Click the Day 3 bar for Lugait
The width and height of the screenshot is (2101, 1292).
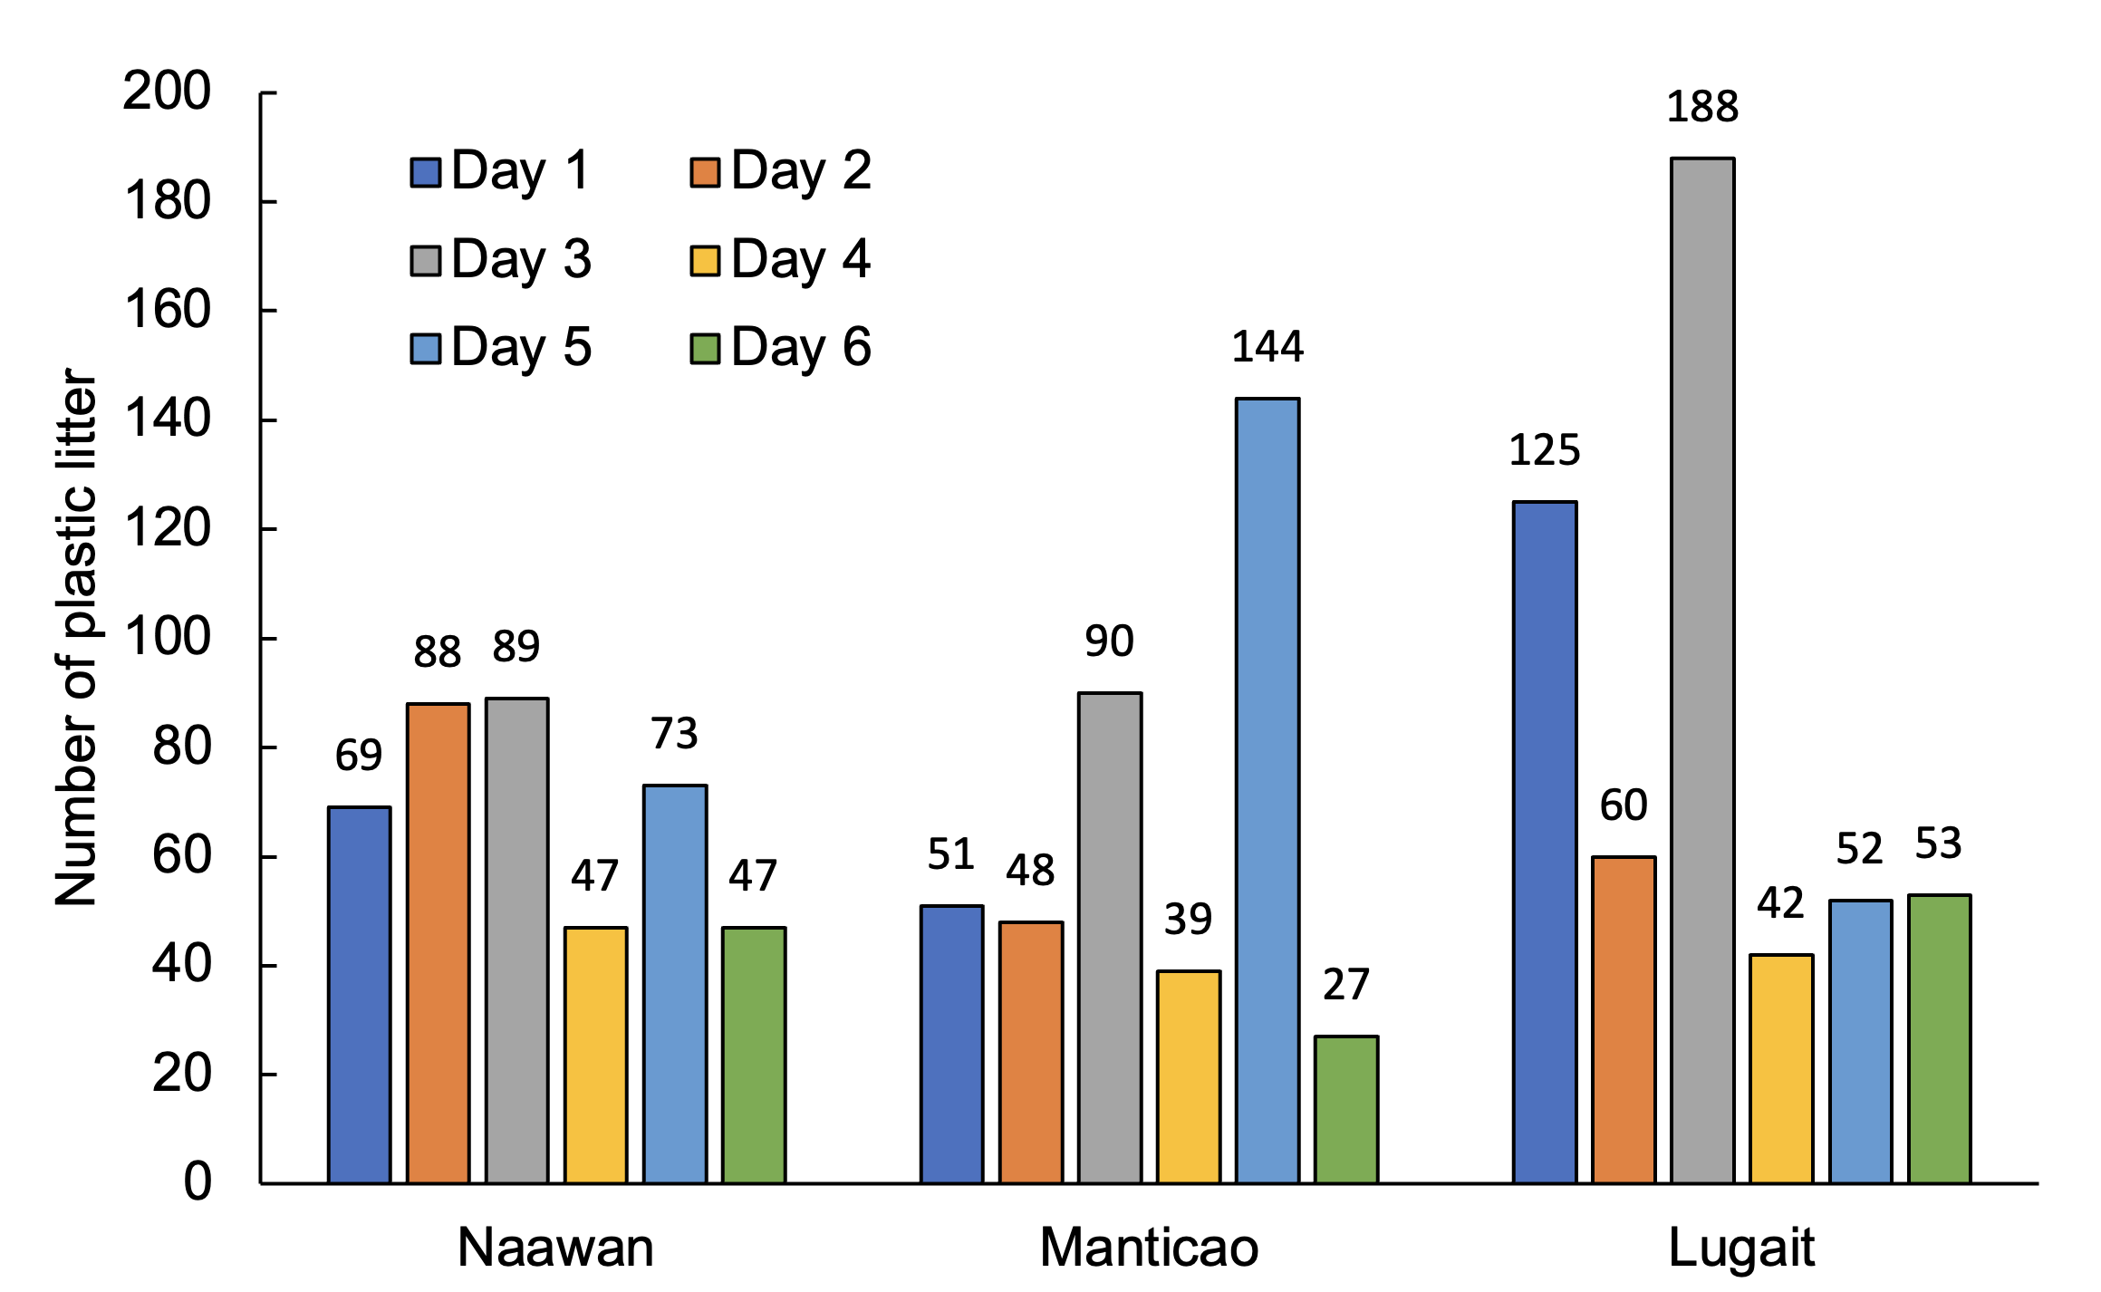[1702, 670]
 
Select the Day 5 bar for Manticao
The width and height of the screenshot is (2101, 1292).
[1267, 791]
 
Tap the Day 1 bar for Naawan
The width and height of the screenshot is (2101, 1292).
[360, 995]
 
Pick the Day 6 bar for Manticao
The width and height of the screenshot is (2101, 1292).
[1346, 1110]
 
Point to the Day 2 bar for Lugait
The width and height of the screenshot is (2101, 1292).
[1624, 1020]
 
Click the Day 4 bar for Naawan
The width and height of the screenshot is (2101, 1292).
[596, 1056]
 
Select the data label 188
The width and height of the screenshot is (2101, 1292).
[1702, 107]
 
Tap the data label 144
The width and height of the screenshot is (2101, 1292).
[1267, 347]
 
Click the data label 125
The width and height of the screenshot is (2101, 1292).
[1545, 450]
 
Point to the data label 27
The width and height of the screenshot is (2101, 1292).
[1346, 985]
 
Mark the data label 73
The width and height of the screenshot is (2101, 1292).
[675, 734]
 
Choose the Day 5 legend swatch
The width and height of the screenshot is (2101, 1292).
[426, 349]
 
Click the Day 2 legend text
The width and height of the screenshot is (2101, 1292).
[801, 170]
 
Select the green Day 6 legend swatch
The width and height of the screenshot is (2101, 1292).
[705, 349]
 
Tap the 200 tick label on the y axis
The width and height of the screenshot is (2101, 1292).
[168, 92]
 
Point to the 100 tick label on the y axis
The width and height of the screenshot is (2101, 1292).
[168, 638]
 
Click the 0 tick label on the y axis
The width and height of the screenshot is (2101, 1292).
[198, 1182]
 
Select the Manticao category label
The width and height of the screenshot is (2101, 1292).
[1149, 1248]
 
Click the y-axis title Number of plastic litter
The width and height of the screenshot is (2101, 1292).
[77, 637]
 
